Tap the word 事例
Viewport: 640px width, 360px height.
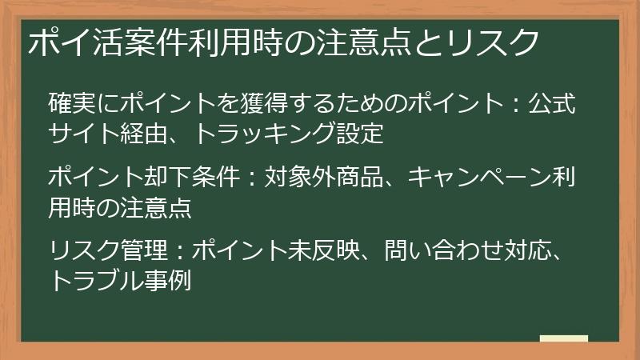point(166,281)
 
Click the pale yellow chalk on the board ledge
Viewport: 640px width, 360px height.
point(563,338)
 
